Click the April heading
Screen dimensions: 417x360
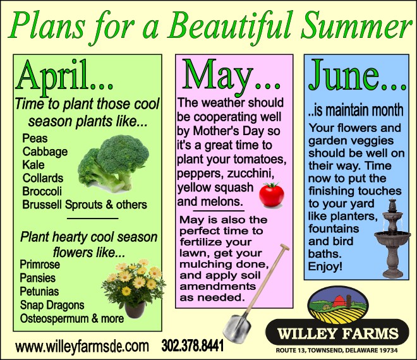pos(64,76)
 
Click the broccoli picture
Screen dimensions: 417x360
pos(113,163)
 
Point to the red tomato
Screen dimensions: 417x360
pos(272,195)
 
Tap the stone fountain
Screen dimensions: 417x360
pos(392,239)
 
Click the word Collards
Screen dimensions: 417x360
pos(43,178)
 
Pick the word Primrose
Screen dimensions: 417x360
pos(40,265)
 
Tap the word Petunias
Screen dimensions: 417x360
pos(39,291)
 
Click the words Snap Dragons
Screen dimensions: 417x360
pos(52,305)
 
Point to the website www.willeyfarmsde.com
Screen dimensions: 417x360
pos(82,347)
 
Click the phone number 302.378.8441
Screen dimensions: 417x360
pos(193,346)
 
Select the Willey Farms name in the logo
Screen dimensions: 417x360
pos(338,333)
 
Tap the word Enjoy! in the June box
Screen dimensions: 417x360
pos(325,266)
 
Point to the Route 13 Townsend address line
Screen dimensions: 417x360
pos(337,350)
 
